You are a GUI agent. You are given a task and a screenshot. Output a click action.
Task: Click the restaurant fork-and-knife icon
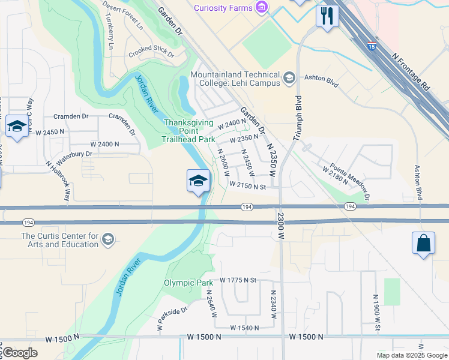[327, 16]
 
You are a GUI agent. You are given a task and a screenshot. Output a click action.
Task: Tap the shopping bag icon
[423, 243]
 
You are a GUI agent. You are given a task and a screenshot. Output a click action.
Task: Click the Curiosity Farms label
[223, 7]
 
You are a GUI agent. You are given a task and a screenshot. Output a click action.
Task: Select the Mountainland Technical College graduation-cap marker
[289, 77]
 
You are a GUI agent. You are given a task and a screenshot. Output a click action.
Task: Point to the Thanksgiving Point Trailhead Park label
[189, 131]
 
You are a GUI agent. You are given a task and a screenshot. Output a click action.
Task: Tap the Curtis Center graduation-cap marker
[107, 239]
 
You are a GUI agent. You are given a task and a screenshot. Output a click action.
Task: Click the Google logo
[20, 353]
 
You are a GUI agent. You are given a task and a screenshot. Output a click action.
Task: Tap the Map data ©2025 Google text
[411, 355]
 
